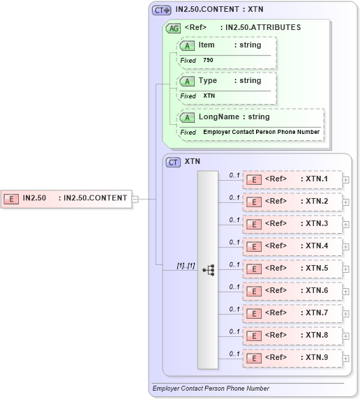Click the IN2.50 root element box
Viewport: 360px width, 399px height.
pos(66,198)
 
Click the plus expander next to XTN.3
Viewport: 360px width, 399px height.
pos(346,224)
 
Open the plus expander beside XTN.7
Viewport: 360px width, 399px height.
pos(346,313)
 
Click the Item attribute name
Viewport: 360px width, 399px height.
pos(207,45)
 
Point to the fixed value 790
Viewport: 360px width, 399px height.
pos(208,61)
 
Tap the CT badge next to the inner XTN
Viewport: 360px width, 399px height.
pos(173,162)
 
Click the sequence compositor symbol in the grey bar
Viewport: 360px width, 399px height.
pos(208,269)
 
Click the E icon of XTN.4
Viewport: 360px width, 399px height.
pos(255,246)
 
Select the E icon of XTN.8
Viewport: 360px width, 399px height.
pos(255,336)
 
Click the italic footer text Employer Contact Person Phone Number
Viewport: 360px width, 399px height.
pos(211,389)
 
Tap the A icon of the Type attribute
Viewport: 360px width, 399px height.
pos(187,81)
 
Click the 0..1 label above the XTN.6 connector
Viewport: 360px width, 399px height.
pos(234,286)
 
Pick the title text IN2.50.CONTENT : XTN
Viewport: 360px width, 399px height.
pos(219,10)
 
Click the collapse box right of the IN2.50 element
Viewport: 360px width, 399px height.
pos(135,199)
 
